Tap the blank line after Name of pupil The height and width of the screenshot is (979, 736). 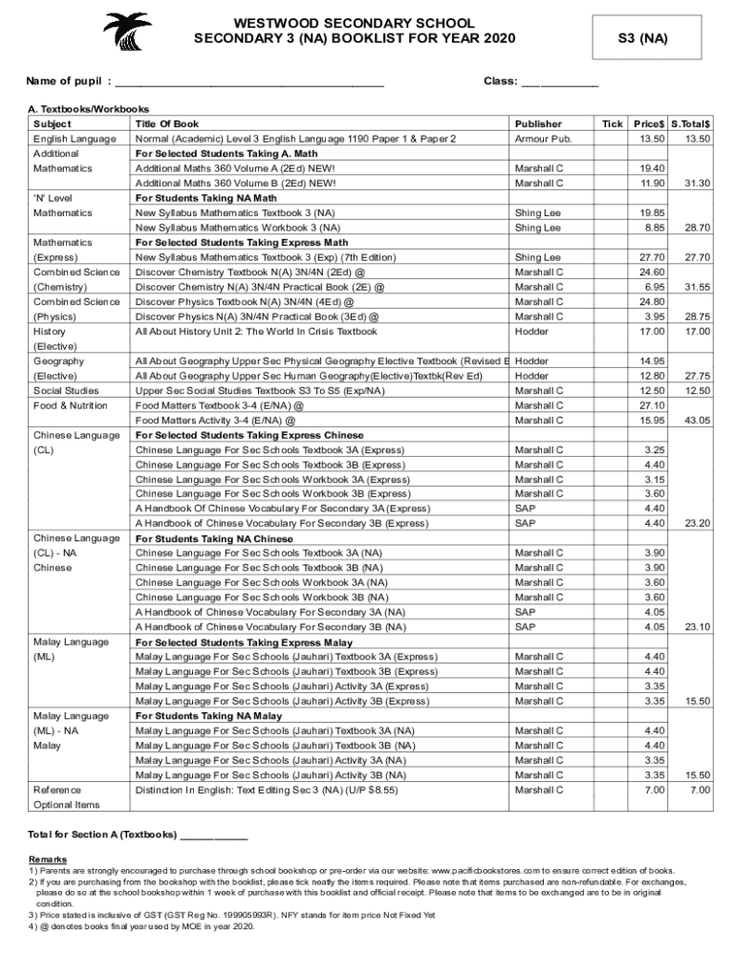click(249, 83)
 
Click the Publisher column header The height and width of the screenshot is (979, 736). click(538, 124)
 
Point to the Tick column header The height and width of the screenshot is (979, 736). click(612, 124)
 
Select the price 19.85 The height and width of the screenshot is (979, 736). click(653, 213)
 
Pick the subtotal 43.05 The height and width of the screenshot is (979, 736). click(697, 421)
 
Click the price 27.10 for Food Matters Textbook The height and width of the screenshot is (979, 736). click(653, 405)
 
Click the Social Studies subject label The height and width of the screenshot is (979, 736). click(65, 391)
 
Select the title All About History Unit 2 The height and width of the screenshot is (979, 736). click(256, 332)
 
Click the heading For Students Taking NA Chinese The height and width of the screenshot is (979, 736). click(213, 538)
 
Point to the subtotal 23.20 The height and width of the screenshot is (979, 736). click(697, 524)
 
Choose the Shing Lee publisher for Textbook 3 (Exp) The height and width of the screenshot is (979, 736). click(537, 258)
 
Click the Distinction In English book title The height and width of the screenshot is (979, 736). click(267, 792)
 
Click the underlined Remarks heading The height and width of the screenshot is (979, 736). click(48, 859)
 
